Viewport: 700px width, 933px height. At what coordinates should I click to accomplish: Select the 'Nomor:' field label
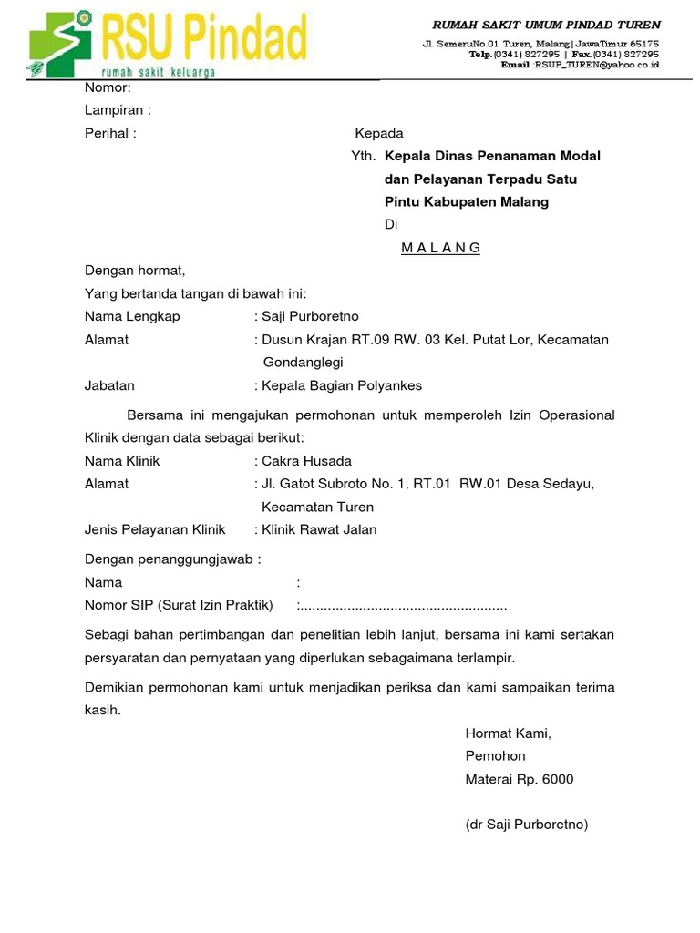tap(108, 87)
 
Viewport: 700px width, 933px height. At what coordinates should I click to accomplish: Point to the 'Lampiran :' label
tap(118, 110)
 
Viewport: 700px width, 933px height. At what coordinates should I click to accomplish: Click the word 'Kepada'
tap(378, 133)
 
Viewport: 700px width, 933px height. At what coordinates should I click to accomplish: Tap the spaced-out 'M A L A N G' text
tap(441, 248)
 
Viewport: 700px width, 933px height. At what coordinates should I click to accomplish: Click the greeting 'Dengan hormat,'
tap(135, 271)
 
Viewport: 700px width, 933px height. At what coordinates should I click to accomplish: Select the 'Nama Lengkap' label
tap(132, 316)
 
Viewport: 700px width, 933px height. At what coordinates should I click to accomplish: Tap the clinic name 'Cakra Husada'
tap(306, 461)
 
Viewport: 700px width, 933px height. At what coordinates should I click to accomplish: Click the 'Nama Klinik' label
tap(122, 461)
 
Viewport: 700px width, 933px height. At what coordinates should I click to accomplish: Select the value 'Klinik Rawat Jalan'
tap(319, 529)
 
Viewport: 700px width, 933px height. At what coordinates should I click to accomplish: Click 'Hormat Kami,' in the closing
tap(509, 733)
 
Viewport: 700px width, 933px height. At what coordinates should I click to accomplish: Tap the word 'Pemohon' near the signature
tap(495, 756)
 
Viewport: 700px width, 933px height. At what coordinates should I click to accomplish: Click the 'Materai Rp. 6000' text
tap(520, 779)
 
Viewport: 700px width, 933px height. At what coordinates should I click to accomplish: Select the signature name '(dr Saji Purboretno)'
tap(527, 825)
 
